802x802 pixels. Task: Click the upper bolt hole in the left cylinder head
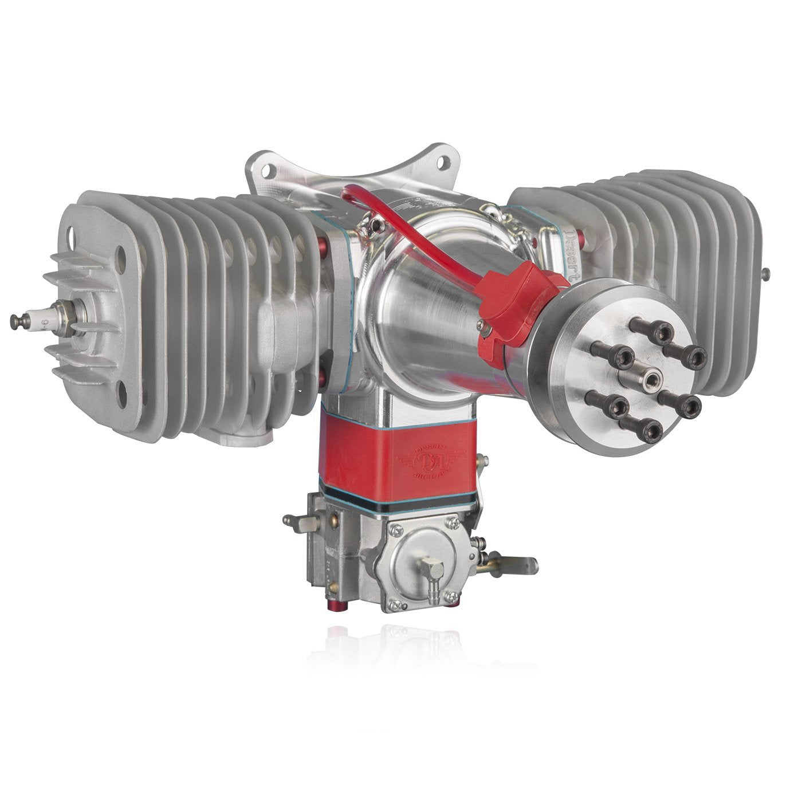[x=73, y=235]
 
